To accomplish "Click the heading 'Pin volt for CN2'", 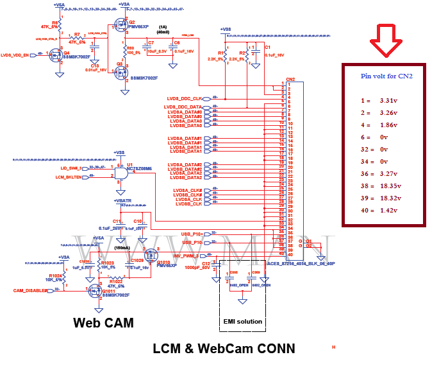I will [386, 76].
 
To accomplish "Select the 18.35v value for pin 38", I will [387, 186].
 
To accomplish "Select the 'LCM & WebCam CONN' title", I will [224, 349].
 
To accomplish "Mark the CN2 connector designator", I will [290, 80].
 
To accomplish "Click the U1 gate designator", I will [129, 164].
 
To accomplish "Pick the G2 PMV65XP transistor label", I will [135, 25].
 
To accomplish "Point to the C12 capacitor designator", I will [206, 263].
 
